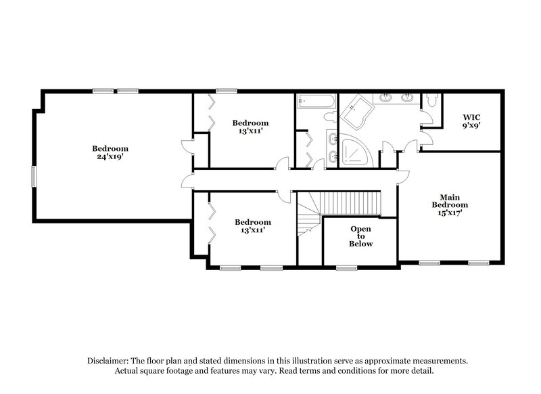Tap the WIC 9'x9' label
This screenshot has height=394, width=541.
tap(471, 121)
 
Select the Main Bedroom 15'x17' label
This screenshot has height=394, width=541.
tap(450, 204)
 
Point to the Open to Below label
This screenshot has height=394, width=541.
tap(360, 236)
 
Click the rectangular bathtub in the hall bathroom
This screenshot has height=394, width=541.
tap(316, 102)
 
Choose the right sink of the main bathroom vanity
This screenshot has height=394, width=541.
tap(408, 97)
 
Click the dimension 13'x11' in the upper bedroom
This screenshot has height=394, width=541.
tap(251, 131)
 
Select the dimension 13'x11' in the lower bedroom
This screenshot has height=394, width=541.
tap(252, 230)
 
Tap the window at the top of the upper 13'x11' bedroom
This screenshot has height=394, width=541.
tap(227, 91)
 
